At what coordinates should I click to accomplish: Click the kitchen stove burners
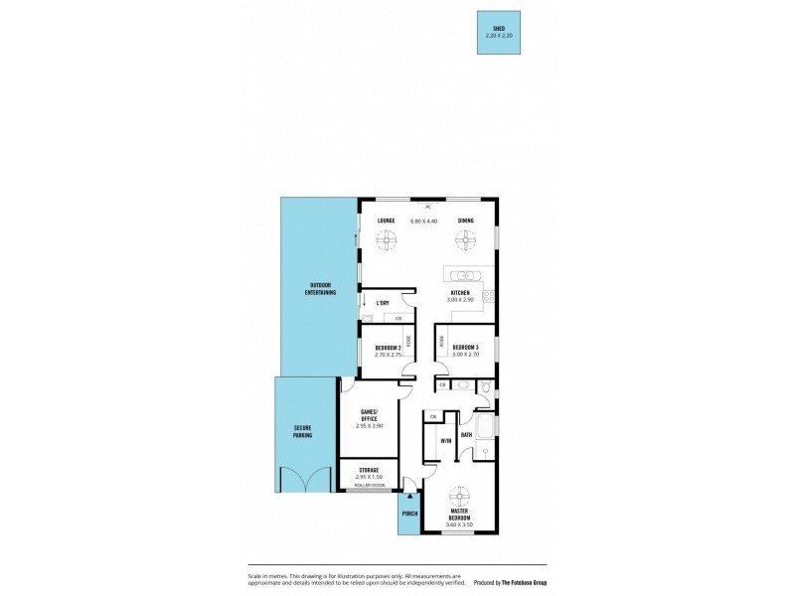click(488, 293)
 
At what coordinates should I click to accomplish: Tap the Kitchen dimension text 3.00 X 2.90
click(465, 299)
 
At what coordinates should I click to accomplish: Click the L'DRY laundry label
click(382, 302)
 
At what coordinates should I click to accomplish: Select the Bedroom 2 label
click(388, 349)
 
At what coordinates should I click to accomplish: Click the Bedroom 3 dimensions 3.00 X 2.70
click(465, 355)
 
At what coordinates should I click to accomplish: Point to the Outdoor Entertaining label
click(320, 289)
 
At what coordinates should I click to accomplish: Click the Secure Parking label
click(302, 432)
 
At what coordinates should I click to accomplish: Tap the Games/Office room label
click(369, 416)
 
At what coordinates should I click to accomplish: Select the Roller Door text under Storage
click(370, 485)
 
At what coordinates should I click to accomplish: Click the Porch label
click(409, 515)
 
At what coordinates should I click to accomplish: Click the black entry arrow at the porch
click(409, 494)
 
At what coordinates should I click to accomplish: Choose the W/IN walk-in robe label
click(446, 440)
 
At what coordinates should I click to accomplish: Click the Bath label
click(466, 434)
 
